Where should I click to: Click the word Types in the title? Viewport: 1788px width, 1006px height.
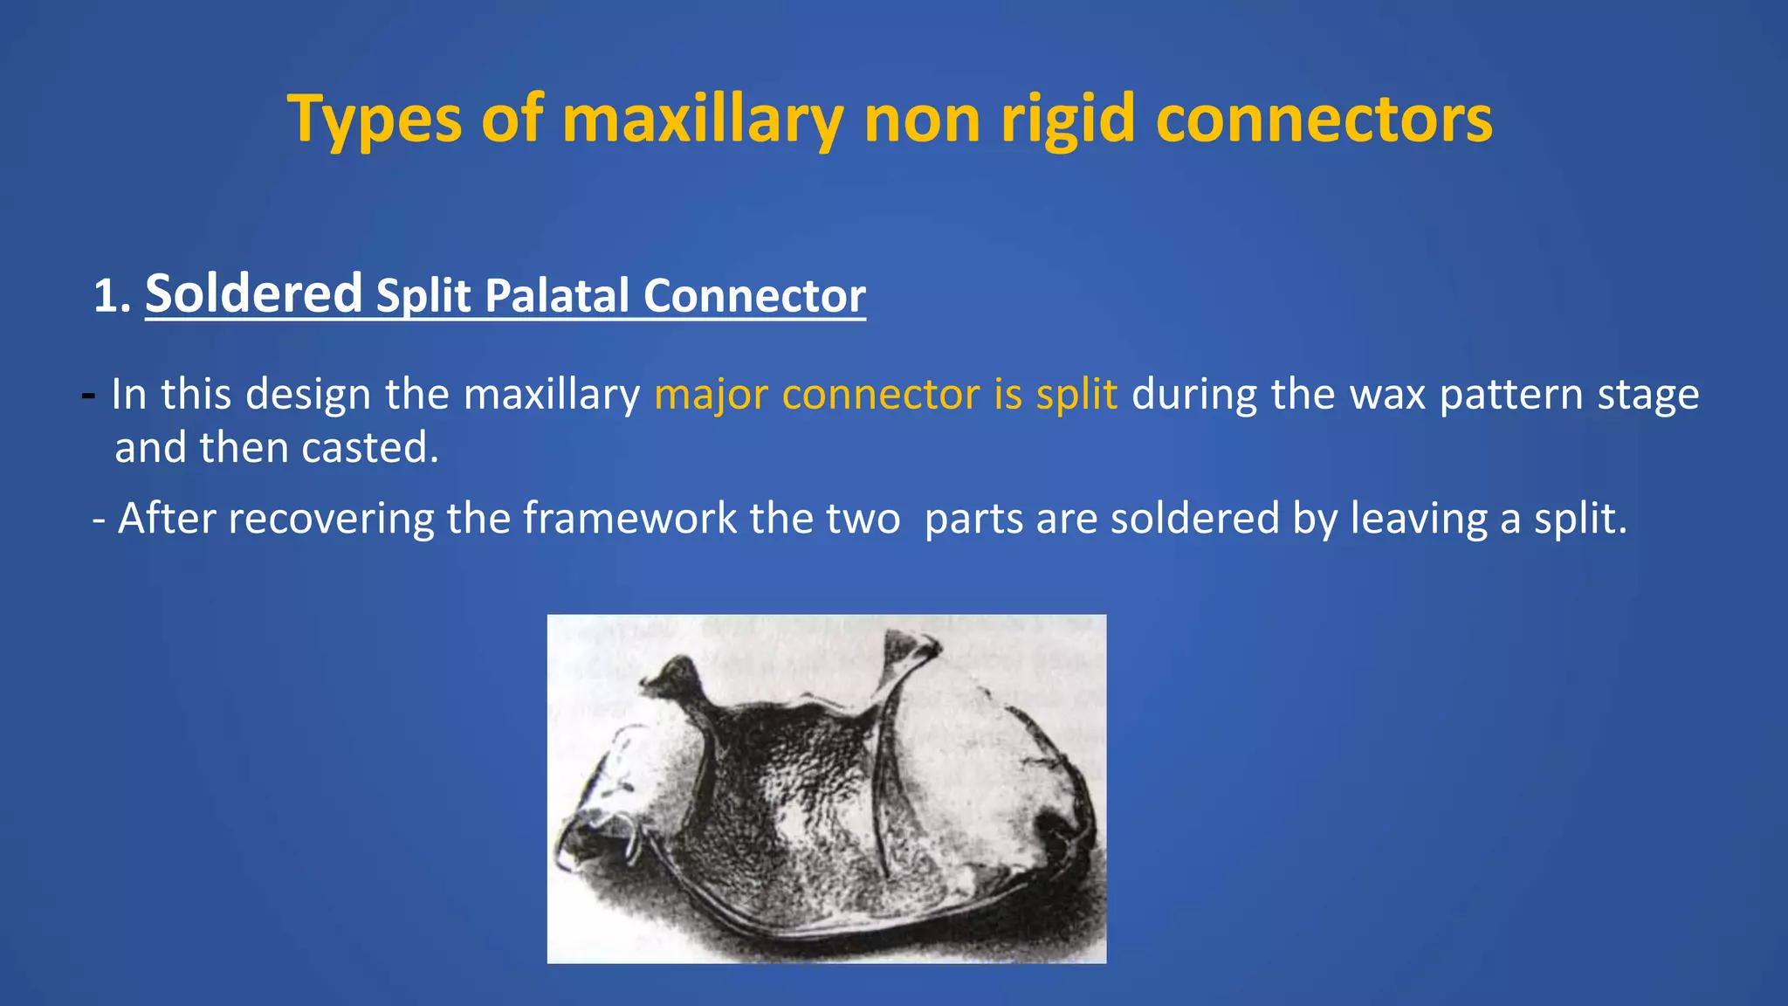point(375,120)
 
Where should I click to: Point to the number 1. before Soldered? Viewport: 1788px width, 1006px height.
point(112,297)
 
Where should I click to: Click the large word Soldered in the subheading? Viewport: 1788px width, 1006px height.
point(253,293)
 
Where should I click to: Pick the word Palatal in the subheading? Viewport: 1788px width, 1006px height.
point(556,296)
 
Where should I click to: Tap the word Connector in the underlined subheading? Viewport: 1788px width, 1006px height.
point(754,296)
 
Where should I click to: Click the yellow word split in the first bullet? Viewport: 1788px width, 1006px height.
point(1076,394)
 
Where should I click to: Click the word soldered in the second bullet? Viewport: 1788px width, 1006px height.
point(1194,519)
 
